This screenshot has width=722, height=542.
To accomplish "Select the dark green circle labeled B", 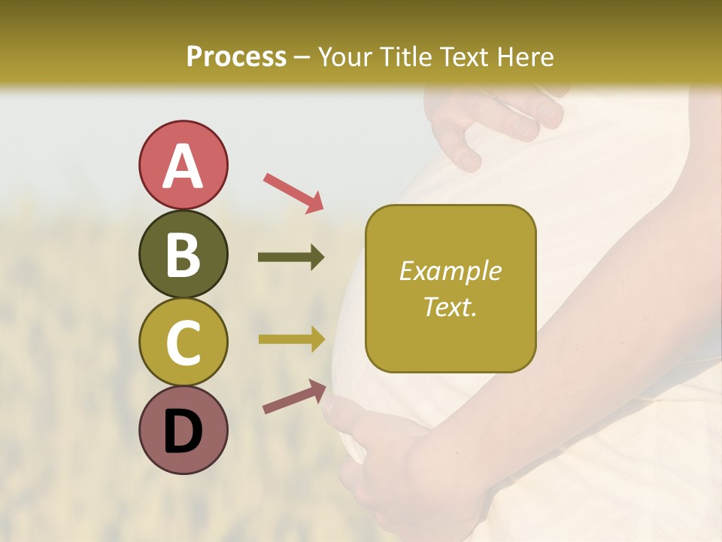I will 183,254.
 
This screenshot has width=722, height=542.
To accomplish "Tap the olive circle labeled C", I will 183,343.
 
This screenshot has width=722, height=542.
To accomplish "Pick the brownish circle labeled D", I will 183,430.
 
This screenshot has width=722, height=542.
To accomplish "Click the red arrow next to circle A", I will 293,193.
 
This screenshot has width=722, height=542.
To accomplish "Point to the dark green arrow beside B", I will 291,257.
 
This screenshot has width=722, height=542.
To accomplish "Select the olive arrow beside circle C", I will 292,340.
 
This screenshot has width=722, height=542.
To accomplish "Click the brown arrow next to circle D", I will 294,397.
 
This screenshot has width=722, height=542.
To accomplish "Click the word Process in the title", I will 236,57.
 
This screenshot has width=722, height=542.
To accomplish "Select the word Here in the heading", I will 526,57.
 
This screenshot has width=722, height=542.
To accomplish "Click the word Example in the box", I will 450,271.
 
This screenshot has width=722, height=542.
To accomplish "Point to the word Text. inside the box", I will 450,306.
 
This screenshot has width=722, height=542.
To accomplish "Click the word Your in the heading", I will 344,57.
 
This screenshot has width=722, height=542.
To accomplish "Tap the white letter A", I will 183,166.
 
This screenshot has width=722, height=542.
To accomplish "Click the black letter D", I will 183,431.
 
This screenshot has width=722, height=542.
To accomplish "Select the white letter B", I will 183,255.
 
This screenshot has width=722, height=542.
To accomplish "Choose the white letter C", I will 183,343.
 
